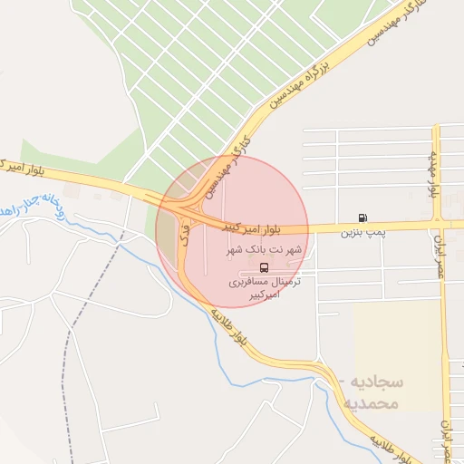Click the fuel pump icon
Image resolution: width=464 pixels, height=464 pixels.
(363, 217)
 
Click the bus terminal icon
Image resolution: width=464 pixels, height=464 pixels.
(263, 267)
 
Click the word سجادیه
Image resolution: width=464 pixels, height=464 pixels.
(374, 382)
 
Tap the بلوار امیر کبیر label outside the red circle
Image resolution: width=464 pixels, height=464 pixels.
(27, 167)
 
